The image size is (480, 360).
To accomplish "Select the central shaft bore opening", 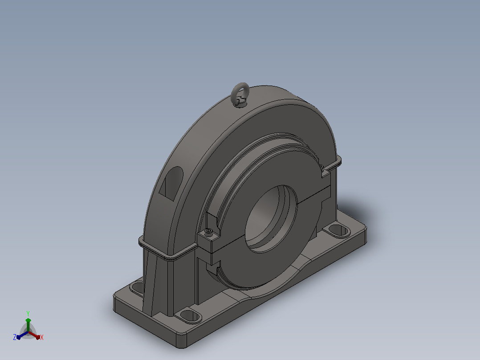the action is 271,219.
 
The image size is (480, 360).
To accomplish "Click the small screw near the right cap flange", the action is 321,167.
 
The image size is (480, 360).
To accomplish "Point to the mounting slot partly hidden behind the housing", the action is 137,288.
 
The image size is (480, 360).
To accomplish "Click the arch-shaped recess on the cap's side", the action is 171,184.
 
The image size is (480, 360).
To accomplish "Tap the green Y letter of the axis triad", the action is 28,313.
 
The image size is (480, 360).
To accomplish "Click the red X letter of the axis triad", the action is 42,337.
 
